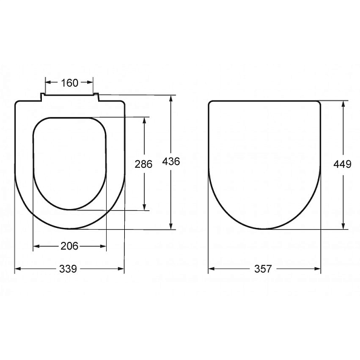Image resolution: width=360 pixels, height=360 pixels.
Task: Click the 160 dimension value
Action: click(x=70, y=83)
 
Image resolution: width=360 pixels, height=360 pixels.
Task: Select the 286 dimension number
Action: click(x=144, y=164)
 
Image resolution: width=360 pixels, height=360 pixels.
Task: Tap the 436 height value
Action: click(x=171, y=162)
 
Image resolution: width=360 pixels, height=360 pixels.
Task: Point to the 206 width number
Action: click(x=69, y=246)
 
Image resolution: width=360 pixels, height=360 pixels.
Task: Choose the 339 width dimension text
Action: click(x=68, y=269)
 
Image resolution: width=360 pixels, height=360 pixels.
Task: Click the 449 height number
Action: click(x=342, y=164)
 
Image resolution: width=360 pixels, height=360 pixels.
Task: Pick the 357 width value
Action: click(x=263, y=269)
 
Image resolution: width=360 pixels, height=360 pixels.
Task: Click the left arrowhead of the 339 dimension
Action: click(x=18, y=269)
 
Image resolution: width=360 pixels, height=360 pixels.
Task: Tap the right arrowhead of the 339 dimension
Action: click(x=121, y=269)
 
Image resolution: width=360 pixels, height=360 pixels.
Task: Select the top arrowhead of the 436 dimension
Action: click(x=171, y=99)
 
